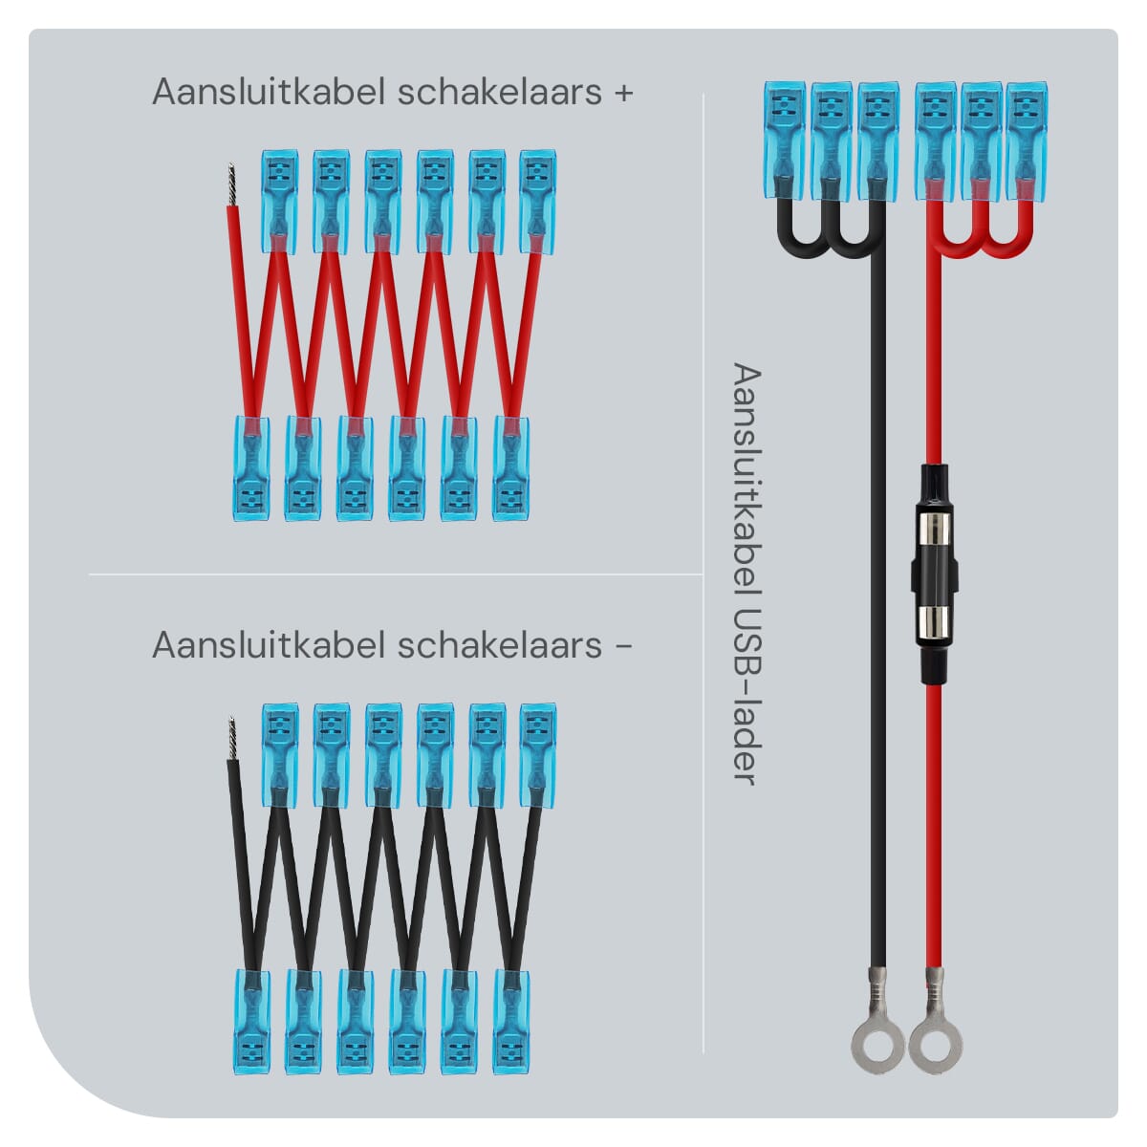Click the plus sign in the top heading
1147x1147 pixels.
pyautogui.click(x=623, y=94)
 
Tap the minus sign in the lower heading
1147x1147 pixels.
pyautogui.click(x=623, y=646)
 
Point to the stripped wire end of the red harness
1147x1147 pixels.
pyautogui.click(x=230, y=183)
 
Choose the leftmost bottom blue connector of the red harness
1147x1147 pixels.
pyautogui.click(x=251, y=468)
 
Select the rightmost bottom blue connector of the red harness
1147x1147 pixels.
pyautogui.click(x=510, y=468)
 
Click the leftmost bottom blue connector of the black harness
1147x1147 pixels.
pyautogui.click(x=251, y=1023)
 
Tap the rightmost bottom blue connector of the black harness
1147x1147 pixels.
pyautogui.click(x=510, y=1023)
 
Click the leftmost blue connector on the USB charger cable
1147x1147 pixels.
pyautogui.click(x=784, y=134)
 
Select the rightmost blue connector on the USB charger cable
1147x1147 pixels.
pyautogui.click(x=1027, y=134)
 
